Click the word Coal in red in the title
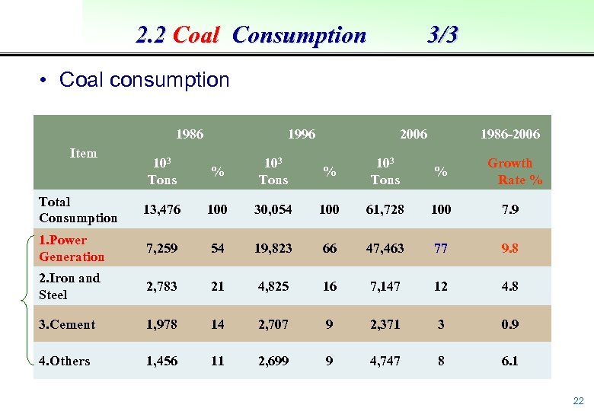[196, 35]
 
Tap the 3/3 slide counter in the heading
[442, 34]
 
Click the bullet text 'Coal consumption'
[144, 80]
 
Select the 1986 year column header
[190, 134]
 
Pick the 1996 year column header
[302, 134]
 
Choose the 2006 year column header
[414, 134]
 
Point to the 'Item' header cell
[83, 153]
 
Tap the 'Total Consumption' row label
[78, 209]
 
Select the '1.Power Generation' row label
[72, 249]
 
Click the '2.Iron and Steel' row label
[69, 286]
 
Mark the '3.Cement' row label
[67, 324]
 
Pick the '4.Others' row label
[64, 361]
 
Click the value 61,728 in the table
[385, 209]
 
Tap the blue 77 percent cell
[441, 248]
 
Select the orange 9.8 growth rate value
[510, 248]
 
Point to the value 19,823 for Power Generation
[273, 248]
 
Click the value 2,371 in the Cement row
[385, 324]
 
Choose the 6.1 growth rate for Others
[510, 361]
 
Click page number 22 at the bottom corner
[578, 401]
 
